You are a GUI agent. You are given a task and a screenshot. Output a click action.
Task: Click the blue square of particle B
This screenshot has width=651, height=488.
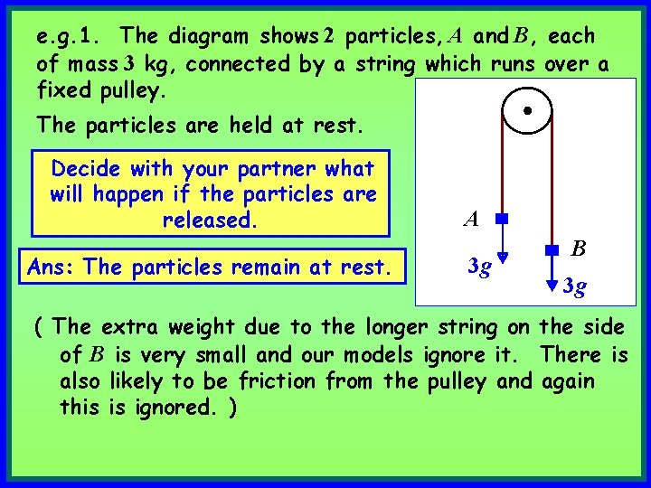[x=551, y=246]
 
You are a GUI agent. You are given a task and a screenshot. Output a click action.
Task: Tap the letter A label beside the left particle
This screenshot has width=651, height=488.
[x=470, y=218]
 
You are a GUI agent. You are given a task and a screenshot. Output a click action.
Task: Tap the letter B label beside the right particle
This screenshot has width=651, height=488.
[x=580, y=247]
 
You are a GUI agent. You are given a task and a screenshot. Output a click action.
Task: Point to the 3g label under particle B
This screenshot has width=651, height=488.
[x=573, y=287]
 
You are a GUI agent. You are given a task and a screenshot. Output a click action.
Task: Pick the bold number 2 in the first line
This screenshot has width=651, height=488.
[x=329, y=37]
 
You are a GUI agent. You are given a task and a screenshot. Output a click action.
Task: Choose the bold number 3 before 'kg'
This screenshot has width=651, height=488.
[x=128, y=64]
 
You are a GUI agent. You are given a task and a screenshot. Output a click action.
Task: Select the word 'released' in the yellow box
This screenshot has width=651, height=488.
[x=204, y=221]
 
